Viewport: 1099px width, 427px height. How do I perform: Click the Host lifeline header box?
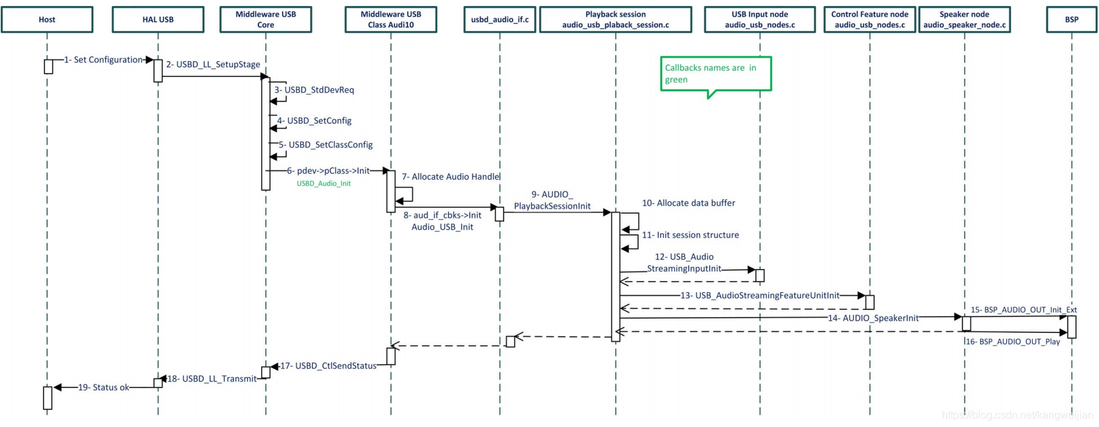tap(47, 20)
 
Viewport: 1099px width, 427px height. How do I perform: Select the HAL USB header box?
tap(158, 20)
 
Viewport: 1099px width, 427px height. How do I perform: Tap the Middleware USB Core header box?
tap(266, 20)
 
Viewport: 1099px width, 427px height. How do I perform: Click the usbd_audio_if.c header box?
tap(500, 20)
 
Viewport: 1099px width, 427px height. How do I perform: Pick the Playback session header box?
tap(615, 20)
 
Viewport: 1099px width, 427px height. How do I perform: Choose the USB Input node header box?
tap(760, 20)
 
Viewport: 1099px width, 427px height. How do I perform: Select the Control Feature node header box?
tap(870, 20)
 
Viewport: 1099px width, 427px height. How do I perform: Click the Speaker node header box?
tap(964, 20)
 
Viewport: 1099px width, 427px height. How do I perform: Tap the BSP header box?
tap(1071, 20)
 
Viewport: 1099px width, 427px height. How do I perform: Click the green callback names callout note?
tap(715, 74)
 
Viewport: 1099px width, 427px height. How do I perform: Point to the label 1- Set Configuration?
tap(104, 60)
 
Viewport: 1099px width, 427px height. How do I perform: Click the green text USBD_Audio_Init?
tap(323, 184)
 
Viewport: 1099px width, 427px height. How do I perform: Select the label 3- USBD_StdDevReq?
tap(314, 90)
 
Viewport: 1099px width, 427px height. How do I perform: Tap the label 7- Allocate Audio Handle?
tap(451, 177)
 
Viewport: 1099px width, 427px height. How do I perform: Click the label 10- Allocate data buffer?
tap(688, 203)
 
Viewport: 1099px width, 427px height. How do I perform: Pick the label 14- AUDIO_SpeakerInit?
tap(873, 318)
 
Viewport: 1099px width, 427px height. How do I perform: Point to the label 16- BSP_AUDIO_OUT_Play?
tap(1013, 342)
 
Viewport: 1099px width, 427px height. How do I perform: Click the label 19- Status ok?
tap(104, 388)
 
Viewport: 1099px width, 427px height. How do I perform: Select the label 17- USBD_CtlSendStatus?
tap(328, 366)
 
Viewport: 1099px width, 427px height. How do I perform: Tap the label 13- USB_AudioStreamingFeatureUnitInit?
tap(760, 295)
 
